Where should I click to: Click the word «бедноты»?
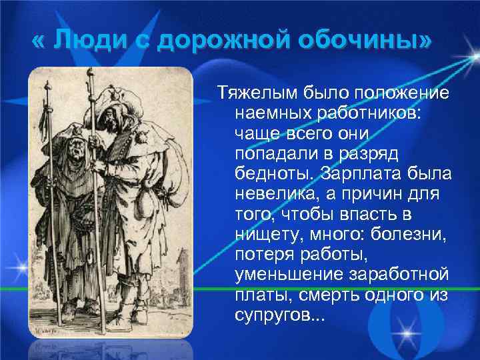[273, 174]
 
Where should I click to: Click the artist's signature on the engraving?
[45, 329]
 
